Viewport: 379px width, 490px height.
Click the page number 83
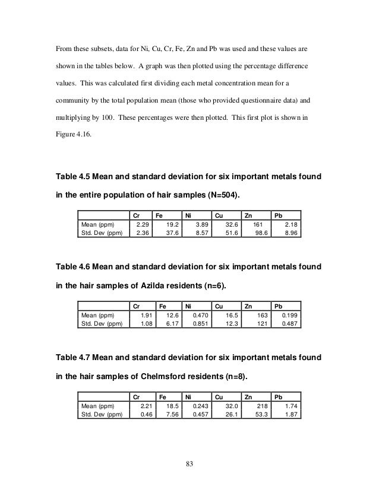coord(190,462)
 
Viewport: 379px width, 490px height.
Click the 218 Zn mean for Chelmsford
coord(259,406)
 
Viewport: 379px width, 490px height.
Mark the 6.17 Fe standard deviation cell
coord(172,324)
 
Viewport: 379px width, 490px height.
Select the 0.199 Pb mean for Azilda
coord(289,316)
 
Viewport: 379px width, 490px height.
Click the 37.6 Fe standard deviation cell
coord(172,234)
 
